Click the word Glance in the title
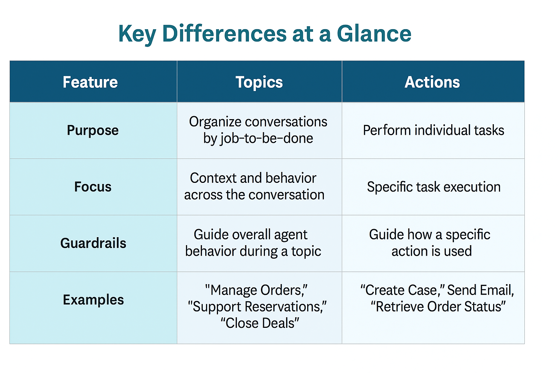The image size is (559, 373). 374,34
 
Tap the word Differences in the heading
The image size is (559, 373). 224,34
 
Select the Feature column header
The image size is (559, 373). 90,82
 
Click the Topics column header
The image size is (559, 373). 259,82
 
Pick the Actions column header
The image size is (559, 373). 432,82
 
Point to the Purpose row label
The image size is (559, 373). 93,130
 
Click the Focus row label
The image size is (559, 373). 93,186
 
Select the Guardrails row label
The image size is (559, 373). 93,243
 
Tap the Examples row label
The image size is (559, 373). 93,300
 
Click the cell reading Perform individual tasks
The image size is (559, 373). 433,130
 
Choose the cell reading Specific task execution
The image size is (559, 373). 434,187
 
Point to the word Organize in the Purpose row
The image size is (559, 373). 215,122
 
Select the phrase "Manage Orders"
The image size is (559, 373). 256,290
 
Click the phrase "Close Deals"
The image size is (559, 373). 260,323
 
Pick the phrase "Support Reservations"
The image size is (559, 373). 257,307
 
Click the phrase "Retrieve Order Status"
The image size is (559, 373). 438,307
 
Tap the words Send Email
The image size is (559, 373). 480,290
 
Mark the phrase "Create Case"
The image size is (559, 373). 403,290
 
